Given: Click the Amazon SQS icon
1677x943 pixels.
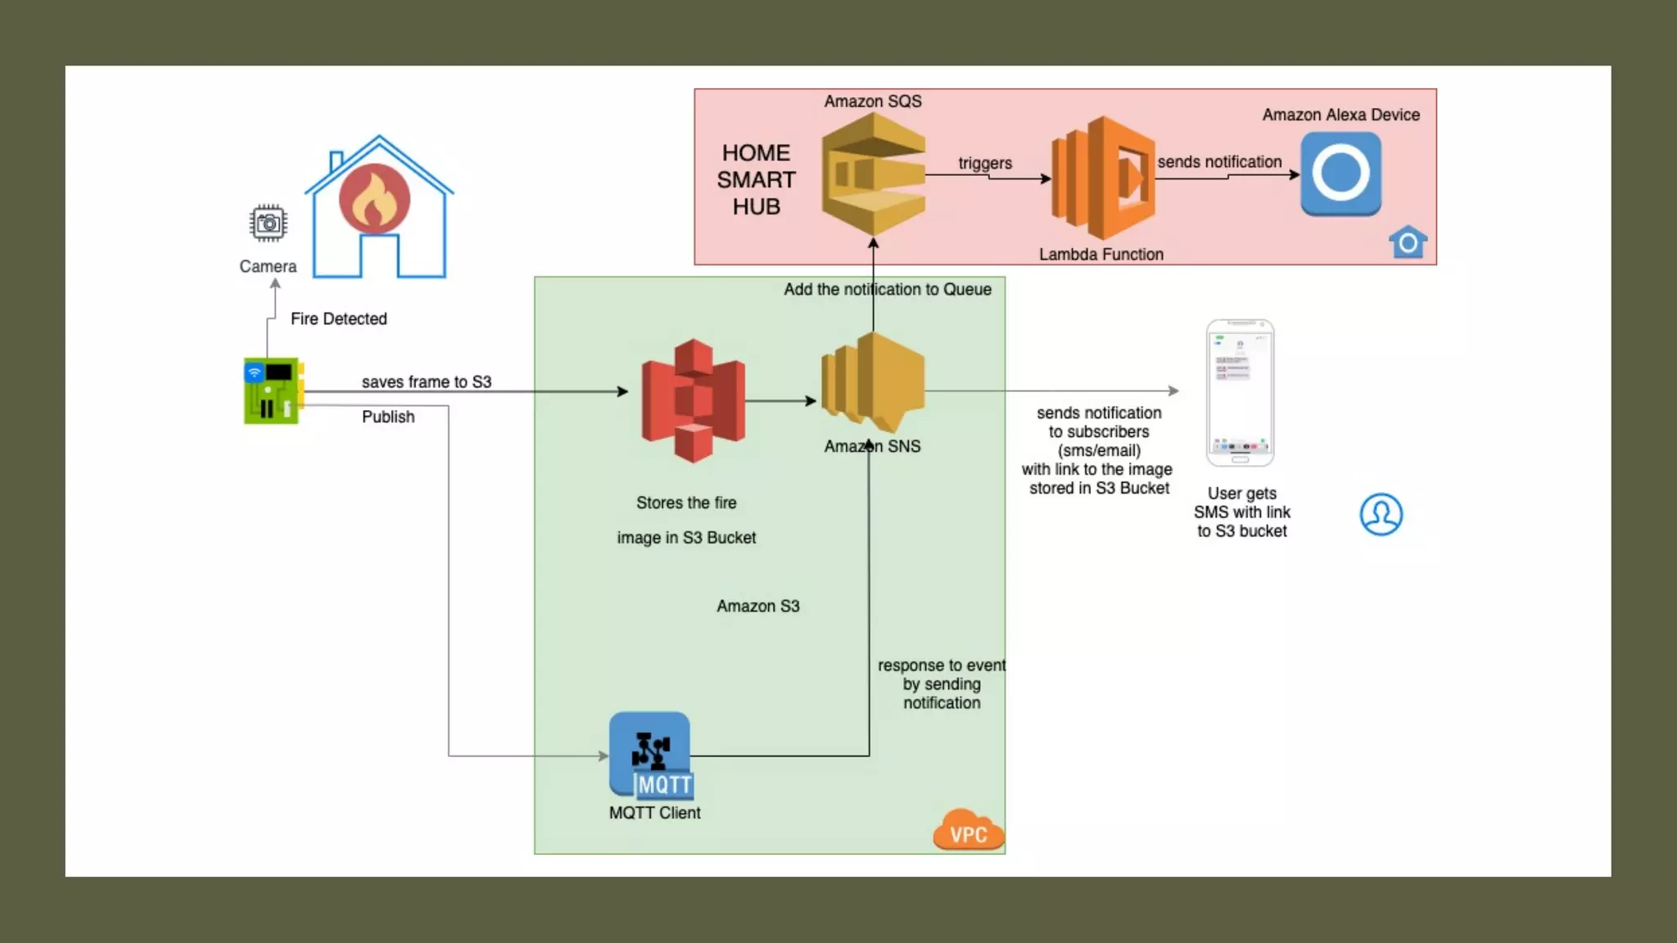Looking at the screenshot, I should [873, 174].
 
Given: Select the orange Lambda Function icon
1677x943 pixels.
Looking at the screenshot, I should [1103, 178].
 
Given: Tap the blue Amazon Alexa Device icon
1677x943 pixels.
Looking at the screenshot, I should [1340, 174].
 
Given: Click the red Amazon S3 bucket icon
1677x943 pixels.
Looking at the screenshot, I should [693, 400].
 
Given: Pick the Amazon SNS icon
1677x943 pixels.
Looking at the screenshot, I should [873, 381].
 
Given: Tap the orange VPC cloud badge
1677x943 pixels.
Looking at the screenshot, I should [968, 831].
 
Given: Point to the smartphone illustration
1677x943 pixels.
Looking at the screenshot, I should [1240, 393].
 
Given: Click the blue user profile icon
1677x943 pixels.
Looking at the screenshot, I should [1381, 514].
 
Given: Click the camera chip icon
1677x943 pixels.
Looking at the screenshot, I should [268, 223].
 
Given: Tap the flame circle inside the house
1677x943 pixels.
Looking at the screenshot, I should [375, 199].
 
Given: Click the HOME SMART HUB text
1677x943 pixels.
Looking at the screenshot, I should [756, 179].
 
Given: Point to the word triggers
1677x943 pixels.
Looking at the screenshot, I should [985, 163].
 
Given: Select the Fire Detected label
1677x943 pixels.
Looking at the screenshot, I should [338, 318].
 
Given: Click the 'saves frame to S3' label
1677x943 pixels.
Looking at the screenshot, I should [426, 381].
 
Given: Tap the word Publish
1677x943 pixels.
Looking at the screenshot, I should [388, 417].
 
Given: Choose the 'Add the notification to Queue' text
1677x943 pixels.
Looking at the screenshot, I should [887, 289].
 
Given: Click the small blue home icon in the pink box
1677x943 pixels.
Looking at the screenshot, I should [1408, 242].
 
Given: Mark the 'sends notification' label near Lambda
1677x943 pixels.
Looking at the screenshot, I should [1219, 162].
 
